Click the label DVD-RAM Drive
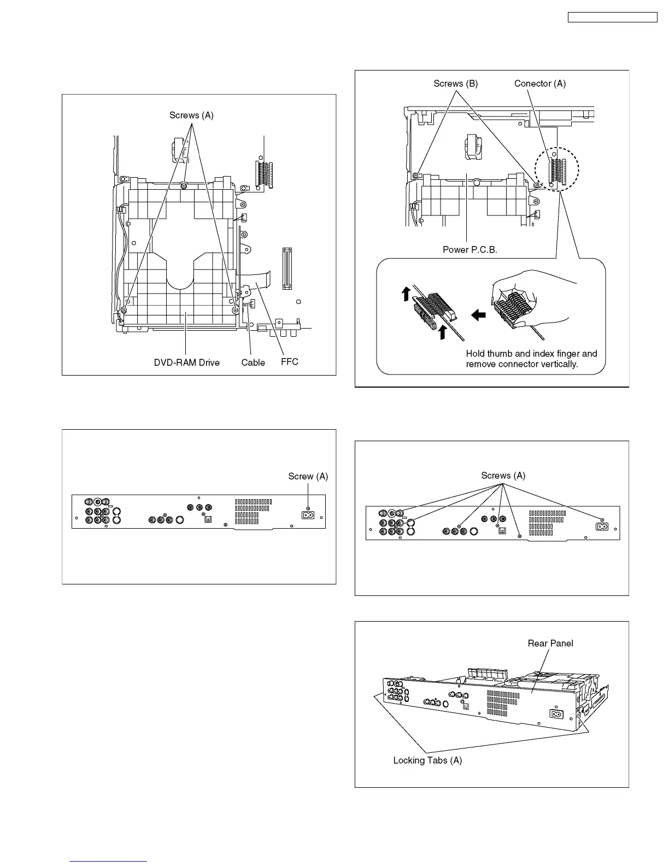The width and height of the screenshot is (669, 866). pos(186,362)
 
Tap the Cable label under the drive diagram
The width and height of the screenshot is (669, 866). pos(253,362)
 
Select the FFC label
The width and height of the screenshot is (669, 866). pos(290,361)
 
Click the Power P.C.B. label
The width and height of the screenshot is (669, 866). pos(471,250)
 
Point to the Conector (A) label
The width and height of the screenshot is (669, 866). pos(539,84)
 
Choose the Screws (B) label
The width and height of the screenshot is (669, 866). pos(455,84)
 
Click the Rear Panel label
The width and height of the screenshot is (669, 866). pos(550,643)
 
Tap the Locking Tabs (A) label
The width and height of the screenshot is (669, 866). pos(427,760)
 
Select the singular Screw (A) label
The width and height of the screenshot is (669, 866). pos(308,477)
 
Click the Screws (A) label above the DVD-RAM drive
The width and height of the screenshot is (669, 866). pos(191,115)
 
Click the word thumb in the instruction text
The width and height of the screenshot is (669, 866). pos(497,354)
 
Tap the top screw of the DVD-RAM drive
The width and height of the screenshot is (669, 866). pos(184,185)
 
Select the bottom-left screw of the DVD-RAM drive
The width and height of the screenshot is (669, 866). pos(124,311)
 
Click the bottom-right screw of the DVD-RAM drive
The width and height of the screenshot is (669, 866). pos(236,310)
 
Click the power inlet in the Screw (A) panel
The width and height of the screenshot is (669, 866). pos(307,514)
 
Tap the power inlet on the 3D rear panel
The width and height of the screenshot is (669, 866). pos(556,715)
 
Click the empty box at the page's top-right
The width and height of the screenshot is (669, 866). pos(612,17)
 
